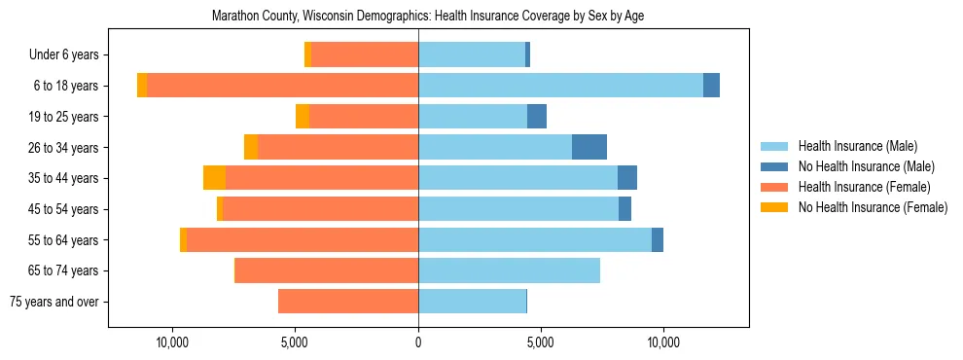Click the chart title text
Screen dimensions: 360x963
point(428,16)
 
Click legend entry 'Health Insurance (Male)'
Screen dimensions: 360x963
point(857,146)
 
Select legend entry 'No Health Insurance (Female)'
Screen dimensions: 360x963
point(873,207)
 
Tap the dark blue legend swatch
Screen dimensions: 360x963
point(775,166)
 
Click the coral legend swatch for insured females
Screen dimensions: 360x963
point(775,187)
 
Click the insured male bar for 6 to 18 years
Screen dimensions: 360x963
point(560,86)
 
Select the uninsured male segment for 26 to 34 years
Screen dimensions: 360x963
point(589,147)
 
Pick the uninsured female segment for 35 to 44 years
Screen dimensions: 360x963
point(214,178)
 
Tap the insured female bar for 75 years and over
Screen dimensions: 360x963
point(348,302)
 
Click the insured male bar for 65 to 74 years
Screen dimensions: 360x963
point(509,270)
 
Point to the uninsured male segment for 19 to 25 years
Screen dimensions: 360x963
point(537,117)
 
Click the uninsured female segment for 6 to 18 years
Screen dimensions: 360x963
point(142,86)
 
